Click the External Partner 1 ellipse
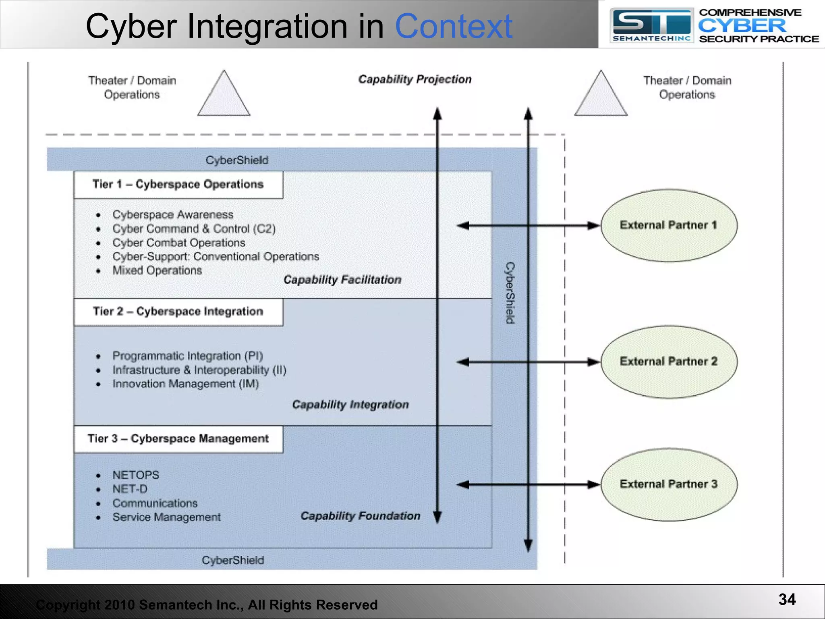tap(669, 225)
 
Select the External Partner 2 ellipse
tap(669, 361)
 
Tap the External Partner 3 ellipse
tap(669, 484)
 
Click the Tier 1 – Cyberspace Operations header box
tap(178, 185)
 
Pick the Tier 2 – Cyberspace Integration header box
tap(178, 312)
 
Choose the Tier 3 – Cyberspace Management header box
tap(178, 439)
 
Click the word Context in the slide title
tap(454, 27)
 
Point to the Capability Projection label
tap(415, 79)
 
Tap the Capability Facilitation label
tap(342, 280)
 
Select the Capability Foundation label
tap(361, 516)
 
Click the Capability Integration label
tap(350, 405)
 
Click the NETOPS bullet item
tap(136, 475)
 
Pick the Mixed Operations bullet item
tap(157, 270)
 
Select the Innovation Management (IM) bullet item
tap(186, 384)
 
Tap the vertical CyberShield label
tap(510, 293)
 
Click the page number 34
tap(787, 599)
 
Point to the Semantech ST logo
tap(651, 26)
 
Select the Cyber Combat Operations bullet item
tap(179, 243)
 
